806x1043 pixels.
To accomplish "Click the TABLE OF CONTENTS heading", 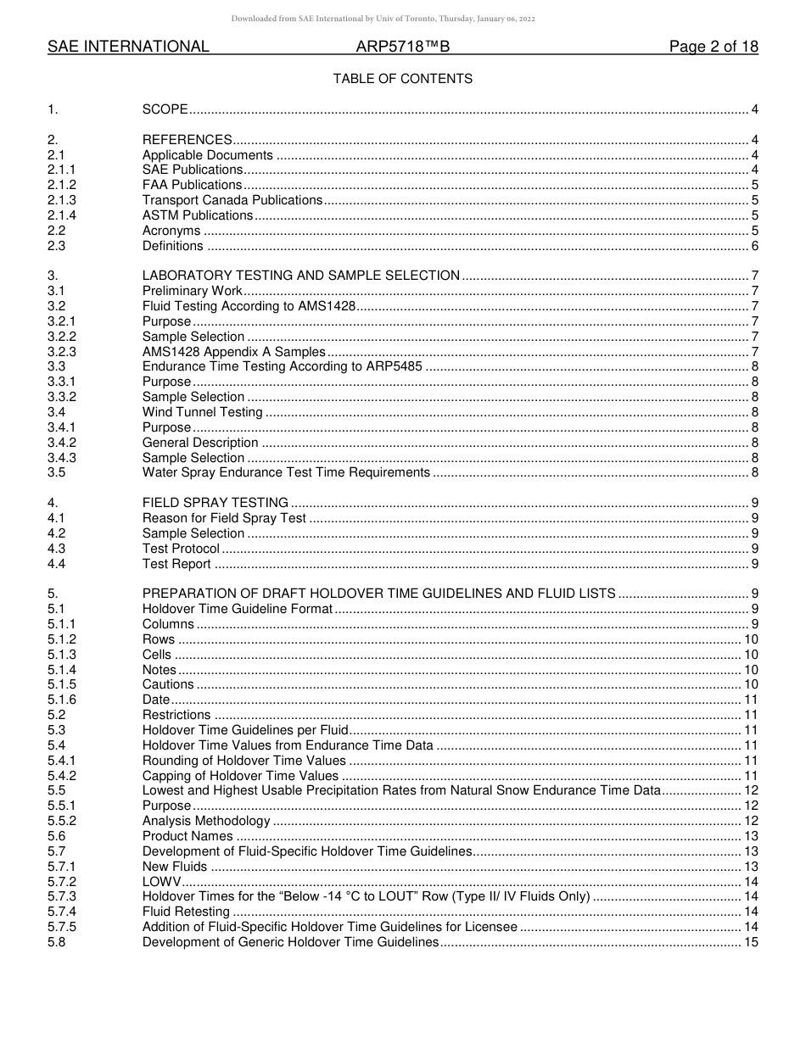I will click(402, 79).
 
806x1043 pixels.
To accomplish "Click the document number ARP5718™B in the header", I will click(402, 47).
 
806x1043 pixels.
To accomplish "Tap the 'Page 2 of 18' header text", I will click(714, 47).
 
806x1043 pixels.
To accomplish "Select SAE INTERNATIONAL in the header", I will click(128, 47).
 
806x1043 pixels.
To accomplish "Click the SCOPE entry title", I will click(165, 109).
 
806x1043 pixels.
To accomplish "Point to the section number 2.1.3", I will click(62, 200).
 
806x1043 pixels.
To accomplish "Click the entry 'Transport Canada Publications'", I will click(232, 200).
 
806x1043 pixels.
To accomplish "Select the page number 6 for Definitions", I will click(754, 246).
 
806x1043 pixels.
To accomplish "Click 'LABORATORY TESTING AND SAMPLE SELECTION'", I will click(300, 276).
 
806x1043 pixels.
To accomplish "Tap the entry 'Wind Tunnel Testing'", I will click(202, 412).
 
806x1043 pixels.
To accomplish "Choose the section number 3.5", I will click(57, 472).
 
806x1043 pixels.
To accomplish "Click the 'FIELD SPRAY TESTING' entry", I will click(215, 503).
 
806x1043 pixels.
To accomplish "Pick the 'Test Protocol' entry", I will click(181, 549).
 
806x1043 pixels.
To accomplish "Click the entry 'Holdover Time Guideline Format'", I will click(237, 609).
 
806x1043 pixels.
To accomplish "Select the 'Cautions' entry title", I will click(168, 684).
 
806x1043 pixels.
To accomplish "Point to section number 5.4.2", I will click(62, 776).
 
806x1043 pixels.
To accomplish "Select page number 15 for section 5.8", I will click(751, 942).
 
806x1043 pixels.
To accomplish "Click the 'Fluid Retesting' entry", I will click(186, 912).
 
